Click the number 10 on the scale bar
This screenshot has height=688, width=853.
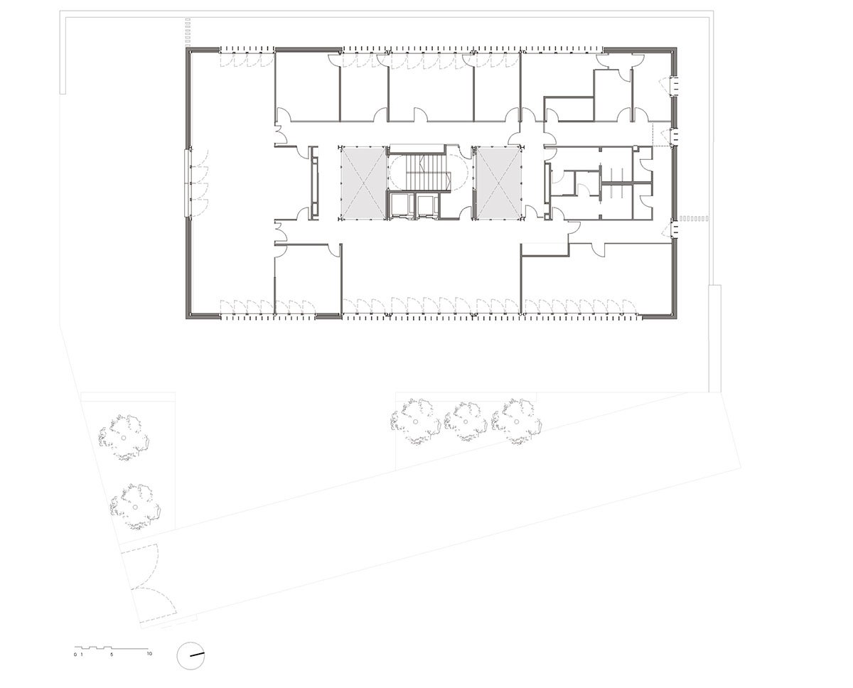coord(149,654)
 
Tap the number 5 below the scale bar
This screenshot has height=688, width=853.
coord(112,655)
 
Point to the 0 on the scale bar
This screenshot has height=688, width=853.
coord(75,655)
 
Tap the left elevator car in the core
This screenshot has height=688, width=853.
coord(401,205)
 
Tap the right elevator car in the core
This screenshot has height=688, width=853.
coord(426,205)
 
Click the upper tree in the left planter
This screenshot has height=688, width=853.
coord(124,438)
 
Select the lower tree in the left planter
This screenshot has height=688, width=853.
coord(135,507)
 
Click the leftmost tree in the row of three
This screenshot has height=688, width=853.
coord(415,421)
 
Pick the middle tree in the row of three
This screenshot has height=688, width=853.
coord(466,421)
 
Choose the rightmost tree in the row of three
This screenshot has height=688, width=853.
coord(517,421)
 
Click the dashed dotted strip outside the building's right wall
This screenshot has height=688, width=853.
coord(694,218)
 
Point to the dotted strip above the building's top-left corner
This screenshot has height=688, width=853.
coord(188,33)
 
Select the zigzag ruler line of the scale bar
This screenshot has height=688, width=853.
coord(112,647)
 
